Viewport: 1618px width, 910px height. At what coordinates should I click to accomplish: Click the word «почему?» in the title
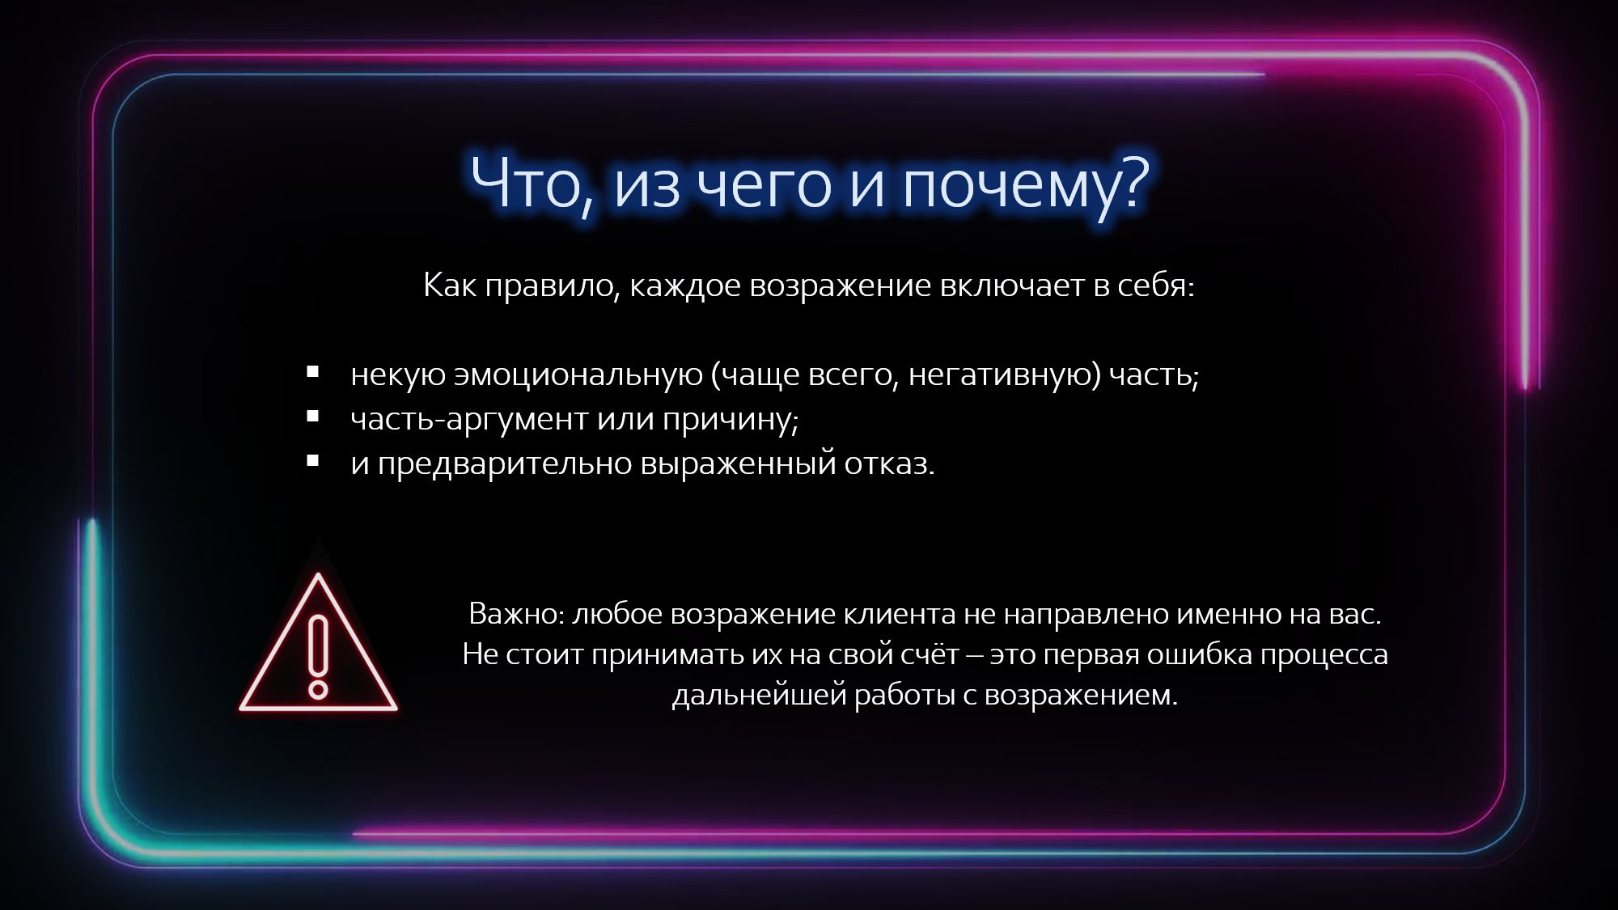(1026, 184)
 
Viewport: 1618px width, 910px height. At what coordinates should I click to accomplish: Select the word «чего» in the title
(764, 188)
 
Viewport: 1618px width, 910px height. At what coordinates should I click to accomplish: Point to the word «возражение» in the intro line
(841, 286)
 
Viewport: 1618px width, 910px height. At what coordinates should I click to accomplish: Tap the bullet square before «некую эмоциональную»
(313, 373)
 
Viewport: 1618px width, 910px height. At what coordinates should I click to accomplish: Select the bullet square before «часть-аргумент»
(313, 417)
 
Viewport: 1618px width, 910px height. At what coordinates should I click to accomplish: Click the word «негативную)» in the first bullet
(1004, 375)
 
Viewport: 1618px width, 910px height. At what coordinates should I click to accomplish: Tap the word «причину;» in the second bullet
(731, 420)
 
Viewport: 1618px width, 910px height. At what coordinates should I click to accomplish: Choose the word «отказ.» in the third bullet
(890, 464)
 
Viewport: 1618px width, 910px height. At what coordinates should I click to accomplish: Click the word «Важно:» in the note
(517, 614)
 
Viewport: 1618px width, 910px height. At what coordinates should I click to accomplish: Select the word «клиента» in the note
(899, 614)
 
